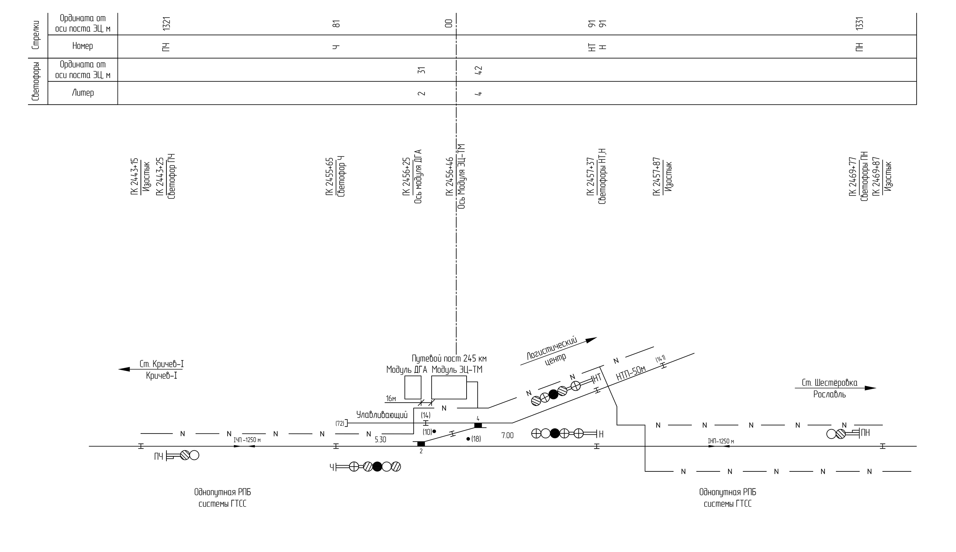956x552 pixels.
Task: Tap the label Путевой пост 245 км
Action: click(449, 358)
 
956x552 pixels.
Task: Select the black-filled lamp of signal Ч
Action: click(377, 467)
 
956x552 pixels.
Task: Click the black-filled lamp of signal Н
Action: click(555, 434)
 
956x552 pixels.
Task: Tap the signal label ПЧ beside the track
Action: click(158, 457)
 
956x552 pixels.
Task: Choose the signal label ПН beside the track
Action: click(865, 432)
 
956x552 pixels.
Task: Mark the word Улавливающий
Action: click(382, 415)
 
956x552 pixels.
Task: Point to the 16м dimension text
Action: click(391, 399)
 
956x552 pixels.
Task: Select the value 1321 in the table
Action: click(166, 24)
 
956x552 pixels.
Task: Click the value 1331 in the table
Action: click(860, 24)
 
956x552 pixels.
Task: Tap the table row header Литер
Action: click(83, 93)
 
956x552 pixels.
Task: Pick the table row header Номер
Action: click(83, 46)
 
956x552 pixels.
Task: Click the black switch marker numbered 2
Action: click(421, 443)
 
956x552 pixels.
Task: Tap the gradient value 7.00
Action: click(507, 436)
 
